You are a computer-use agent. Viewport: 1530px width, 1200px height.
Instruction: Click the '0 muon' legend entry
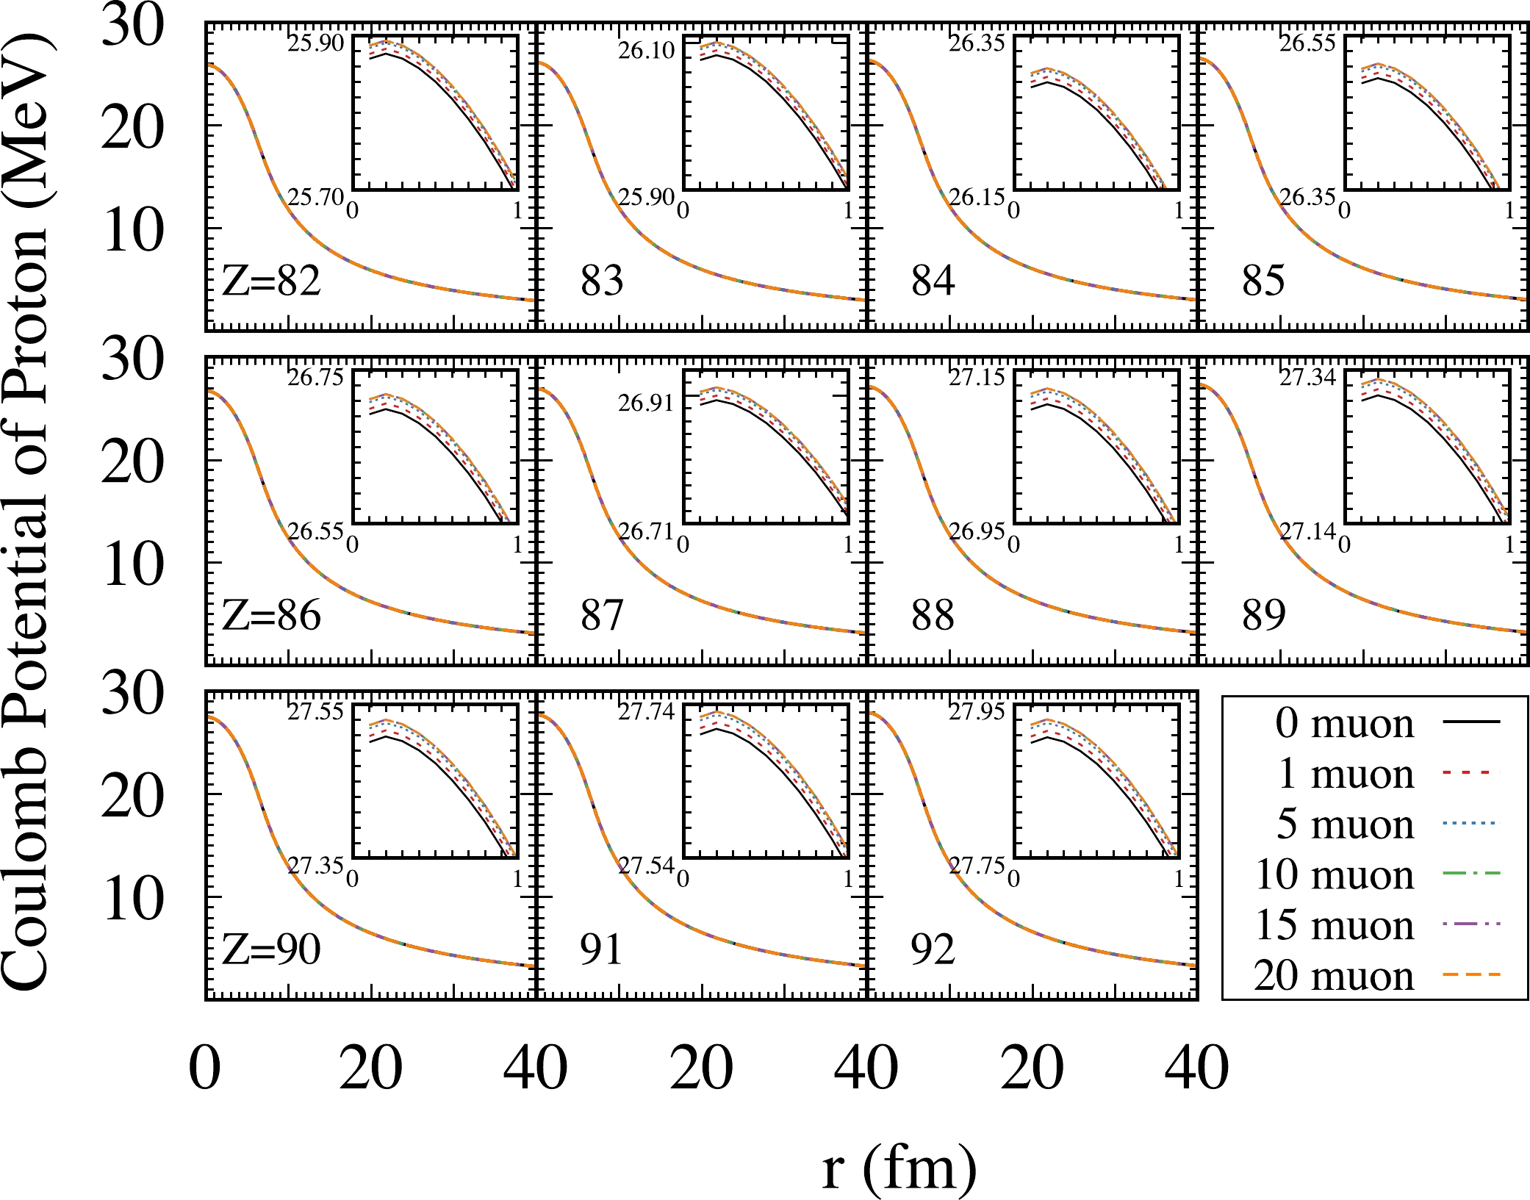1345,723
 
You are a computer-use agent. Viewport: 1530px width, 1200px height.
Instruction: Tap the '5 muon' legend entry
1345,824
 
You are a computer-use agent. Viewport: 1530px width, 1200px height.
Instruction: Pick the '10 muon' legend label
1335,874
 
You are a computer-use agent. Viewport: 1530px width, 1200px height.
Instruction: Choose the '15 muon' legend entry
1335,924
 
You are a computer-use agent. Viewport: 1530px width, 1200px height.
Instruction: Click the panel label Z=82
271,281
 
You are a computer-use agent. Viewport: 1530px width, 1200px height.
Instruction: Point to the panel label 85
1263,281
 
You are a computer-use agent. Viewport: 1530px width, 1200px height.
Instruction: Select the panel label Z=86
271,615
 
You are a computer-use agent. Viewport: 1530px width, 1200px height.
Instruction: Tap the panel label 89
1263,615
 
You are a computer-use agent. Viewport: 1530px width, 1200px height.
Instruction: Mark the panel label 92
933,949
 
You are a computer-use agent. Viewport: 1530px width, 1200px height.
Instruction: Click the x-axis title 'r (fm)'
899,1168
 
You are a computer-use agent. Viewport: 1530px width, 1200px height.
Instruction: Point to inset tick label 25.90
316,43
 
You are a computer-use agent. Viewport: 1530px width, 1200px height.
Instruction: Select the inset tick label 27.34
1307,378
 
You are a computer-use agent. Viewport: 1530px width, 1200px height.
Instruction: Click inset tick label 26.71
646,530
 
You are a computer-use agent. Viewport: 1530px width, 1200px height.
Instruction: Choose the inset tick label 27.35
315,865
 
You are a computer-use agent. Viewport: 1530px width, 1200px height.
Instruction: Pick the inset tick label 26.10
646,51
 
